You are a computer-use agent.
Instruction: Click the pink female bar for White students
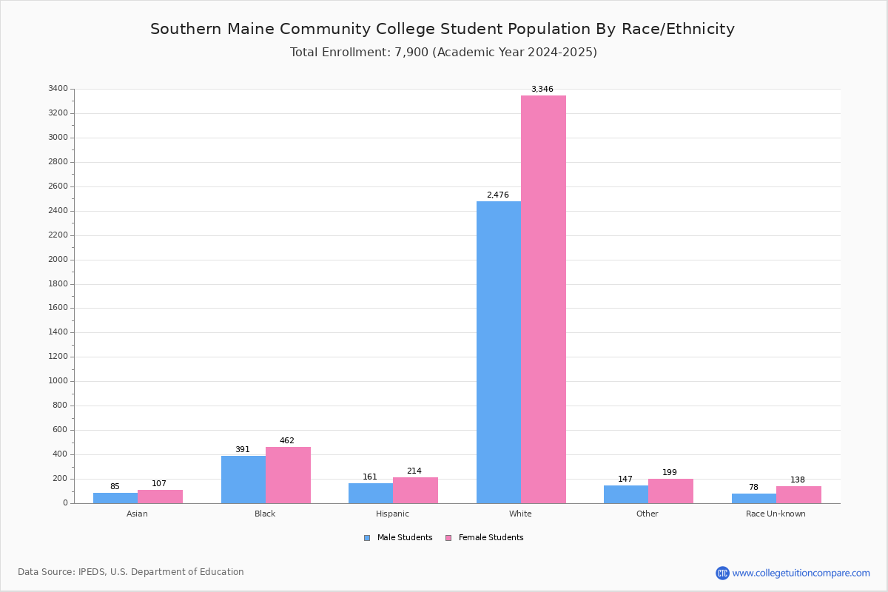tap(543, 300)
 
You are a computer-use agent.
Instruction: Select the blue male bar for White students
tap(499, 352)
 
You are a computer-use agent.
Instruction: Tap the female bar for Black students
tap(288, 475)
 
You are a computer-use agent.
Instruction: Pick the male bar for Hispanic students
tap(371, 494)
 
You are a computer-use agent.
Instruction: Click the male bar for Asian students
tap(115, 498)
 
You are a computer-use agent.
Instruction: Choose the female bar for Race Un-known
tap(798, 495)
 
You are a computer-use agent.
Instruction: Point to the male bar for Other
tap(626, 494)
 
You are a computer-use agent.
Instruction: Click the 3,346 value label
tap(542, 89)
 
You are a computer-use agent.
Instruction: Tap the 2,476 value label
tap(498, 195)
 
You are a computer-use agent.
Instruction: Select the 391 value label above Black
tap(243, 449)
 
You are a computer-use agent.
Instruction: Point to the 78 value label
tap(753, 487)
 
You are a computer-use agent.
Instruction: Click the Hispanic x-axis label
tap(392, 514)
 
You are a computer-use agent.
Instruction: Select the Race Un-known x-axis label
tap(776, 514)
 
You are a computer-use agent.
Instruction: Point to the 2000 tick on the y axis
tap(58, 259)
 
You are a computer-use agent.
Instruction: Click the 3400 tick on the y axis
tap(58, 88)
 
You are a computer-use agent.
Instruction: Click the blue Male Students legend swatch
tap(367, 538)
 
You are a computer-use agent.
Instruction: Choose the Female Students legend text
tap(491, 537)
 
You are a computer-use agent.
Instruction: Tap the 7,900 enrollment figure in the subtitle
tap(411, 52)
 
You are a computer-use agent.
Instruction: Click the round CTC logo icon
tap(722, 573)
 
